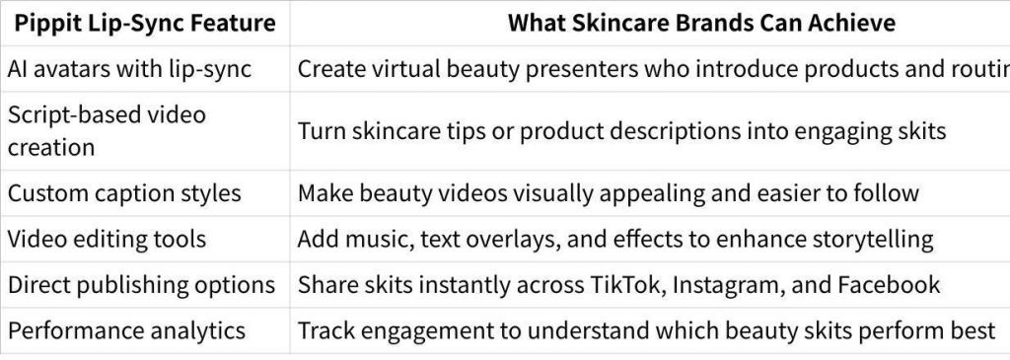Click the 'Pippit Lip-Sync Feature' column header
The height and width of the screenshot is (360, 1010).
coord(145,24)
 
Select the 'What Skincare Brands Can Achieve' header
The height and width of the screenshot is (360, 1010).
coord(701,24)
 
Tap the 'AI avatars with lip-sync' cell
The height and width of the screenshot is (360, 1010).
coord(129,69)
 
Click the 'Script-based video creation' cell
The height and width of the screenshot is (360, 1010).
coord(107,131)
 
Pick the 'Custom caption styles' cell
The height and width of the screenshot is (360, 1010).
coord(124,193)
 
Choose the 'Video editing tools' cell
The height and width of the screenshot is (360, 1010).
coord(107,239)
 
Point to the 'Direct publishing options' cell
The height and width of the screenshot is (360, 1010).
coord(141,285)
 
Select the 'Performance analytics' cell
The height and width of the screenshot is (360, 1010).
coord(126,331)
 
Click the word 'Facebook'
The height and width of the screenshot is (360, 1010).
coord(889,285)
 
